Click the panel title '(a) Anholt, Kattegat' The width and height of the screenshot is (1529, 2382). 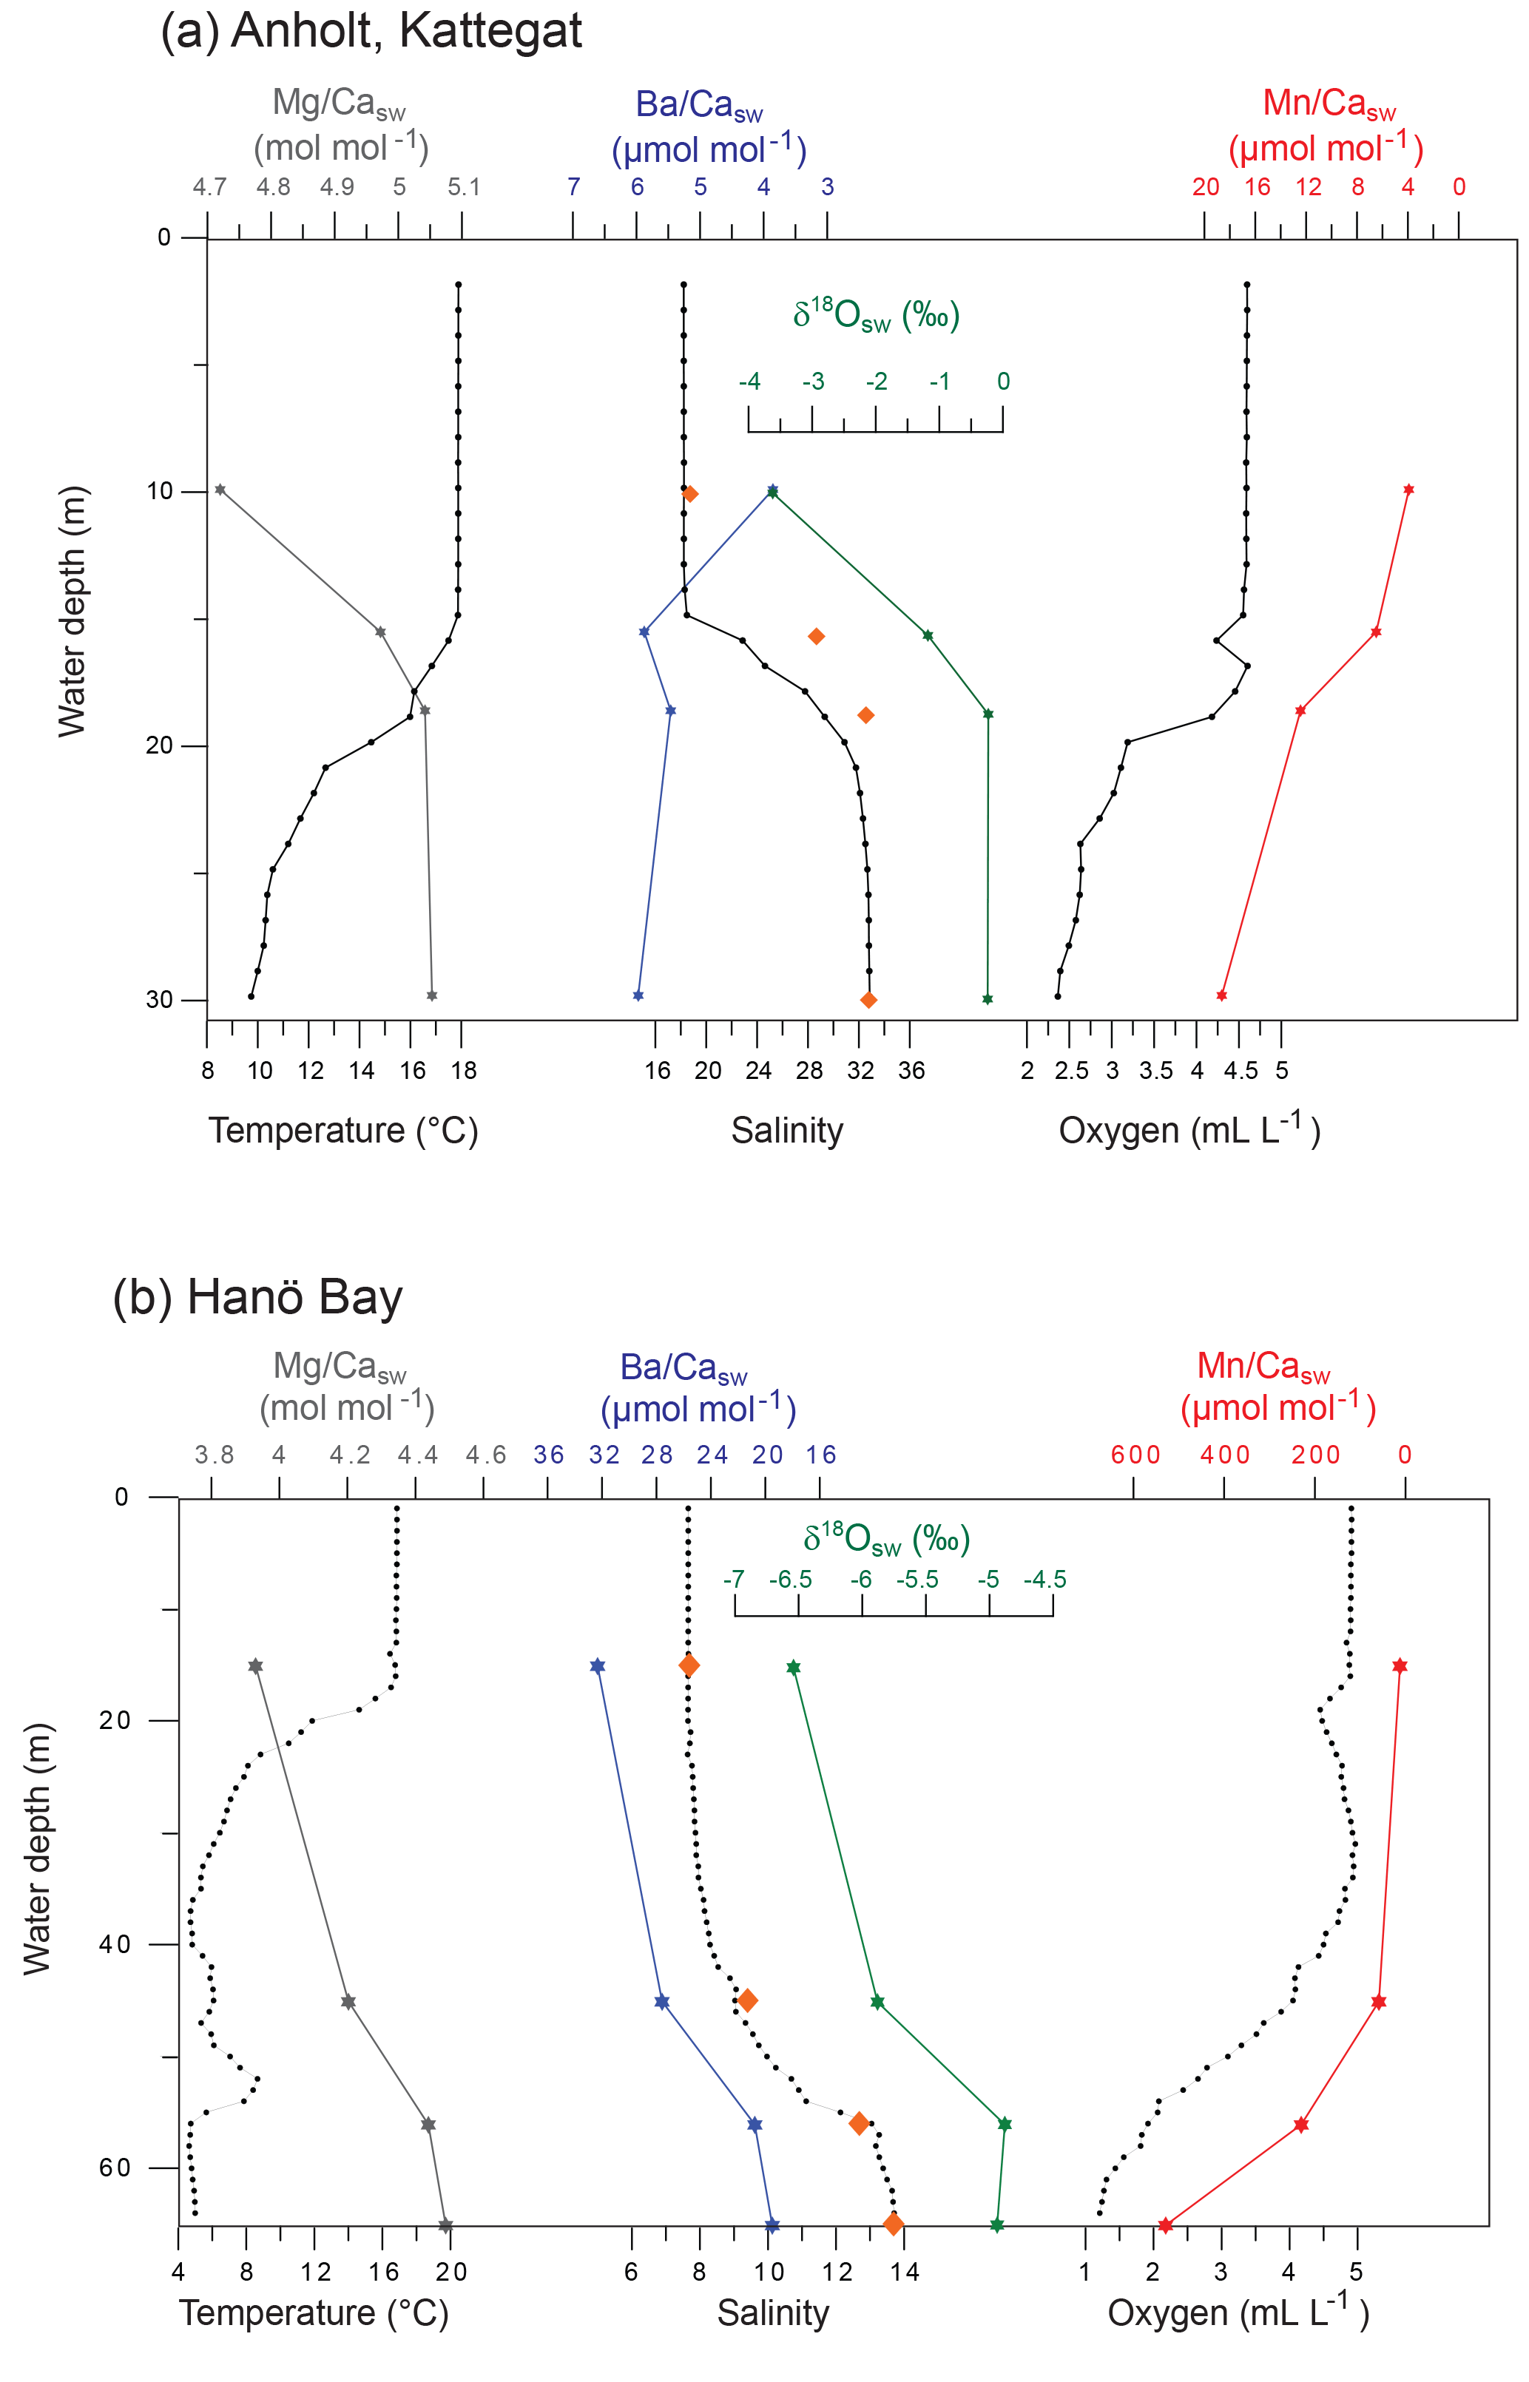coord(371,31)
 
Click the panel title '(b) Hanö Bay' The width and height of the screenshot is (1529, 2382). coord(257,1298)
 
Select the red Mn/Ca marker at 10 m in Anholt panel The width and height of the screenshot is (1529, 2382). coord(1408,490)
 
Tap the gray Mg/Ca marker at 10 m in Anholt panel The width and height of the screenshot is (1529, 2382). coord(220,490)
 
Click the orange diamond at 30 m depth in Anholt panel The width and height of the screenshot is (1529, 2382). coord(868,999)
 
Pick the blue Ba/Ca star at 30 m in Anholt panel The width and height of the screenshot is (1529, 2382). coord(638,995)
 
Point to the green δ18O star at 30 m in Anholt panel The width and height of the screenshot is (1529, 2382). coord(987,999)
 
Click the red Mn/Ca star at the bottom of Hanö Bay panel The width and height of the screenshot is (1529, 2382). coord(1164,2225)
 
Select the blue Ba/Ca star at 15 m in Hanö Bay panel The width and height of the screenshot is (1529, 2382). coord(597,1665)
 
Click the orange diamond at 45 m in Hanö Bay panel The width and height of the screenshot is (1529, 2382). coord(748,2000)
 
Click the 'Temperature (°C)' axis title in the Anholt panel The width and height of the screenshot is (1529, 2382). coord(342,1131)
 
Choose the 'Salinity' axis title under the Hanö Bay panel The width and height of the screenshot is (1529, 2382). coord(772,2312)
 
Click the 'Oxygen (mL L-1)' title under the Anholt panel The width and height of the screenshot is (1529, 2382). coord(1189,1131)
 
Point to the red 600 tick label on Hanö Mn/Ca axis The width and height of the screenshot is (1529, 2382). coord(1135,1455)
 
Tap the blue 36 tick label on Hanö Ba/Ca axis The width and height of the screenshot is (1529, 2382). coord(548,1455)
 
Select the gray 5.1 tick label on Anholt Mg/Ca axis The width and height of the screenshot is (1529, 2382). coord(462,186)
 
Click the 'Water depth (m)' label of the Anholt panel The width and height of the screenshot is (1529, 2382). coord(72,612)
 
